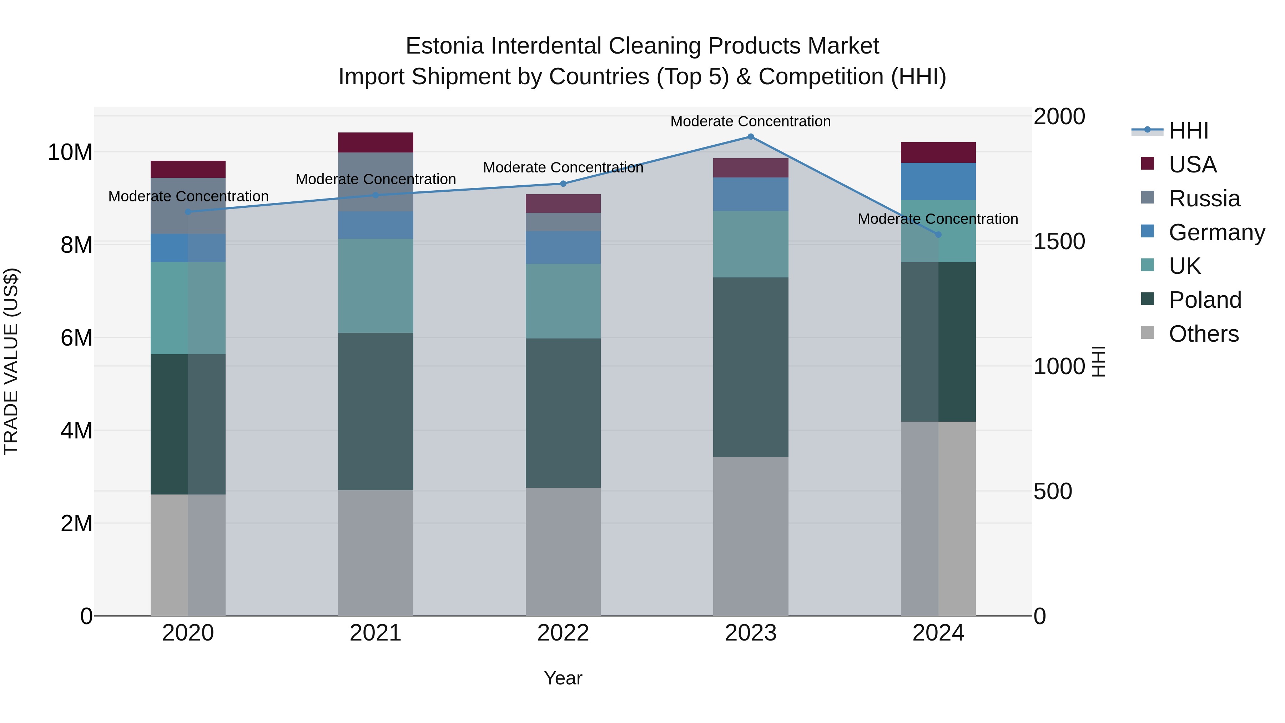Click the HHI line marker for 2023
[x=750, y=137]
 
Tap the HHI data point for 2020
[x=188, y=212]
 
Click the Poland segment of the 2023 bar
[x=750, y=367]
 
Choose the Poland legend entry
[x=1204, y=300]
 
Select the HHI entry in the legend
[x=1188, y=131]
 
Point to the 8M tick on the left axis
[x=76, y=245]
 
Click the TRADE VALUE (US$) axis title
[x=11, y=361]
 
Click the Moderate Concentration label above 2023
[x=750, y=121]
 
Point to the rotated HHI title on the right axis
[x=1099, y=361]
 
